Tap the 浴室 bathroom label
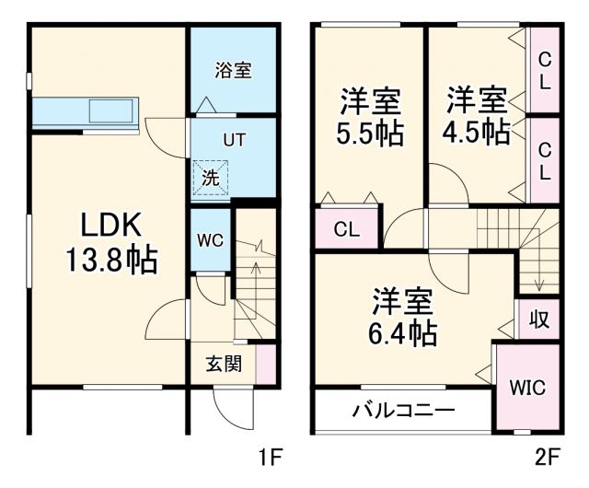233,70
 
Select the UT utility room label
233,140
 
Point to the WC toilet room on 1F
210,240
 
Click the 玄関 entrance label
224,364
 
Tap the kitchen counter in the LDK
85,112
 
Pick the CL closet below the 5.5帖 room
346,229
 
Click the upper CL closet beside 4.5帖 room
545,70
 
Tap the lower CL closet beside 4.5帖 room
545,159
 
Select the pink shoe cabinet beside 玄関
266,364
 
